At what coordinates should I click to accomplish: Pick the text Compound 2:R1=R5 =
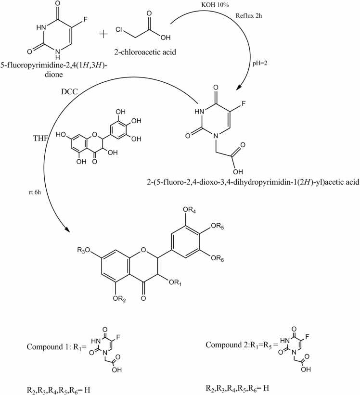pos(240,344)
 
